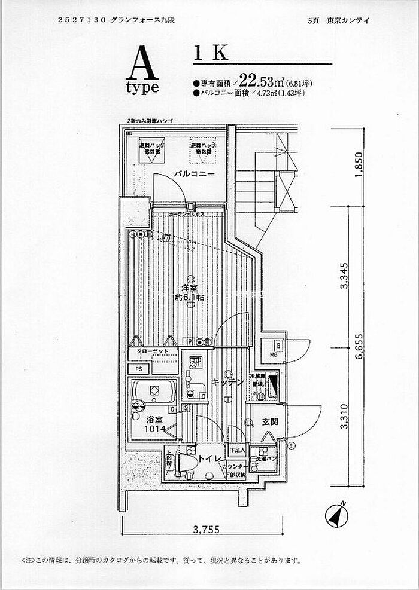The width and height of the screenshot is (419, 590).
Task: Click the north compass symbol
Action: pos(338,513)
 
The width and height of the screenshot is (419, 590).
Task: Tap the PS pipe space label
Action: pos(138,369)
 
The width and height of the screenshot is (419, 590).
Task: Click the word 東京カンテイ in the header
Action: pos(348,20)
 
